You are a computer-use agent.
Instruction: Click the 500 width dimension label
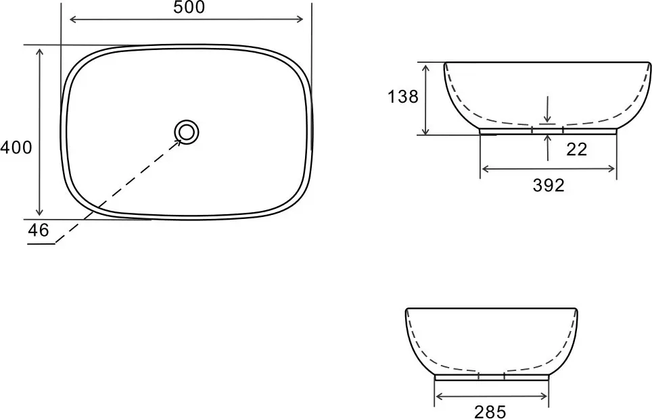tap(189, 7)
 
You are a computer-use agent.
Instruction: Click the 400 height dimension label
tap(16, 147)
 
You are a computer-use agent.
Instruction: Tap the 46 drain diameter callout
tap(39, 230)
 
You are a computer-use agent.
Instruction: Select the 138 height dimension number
tap(402, 97)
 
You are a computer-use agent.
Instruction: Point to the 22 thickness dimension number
tap(576, 149)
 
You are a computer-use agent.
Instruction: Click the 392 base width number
tap(549, 185)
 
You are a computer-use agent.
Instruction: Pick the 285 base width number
tap(490, 412)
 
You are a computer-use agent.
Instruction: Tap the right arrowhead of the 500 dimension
tap(300, 19)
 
